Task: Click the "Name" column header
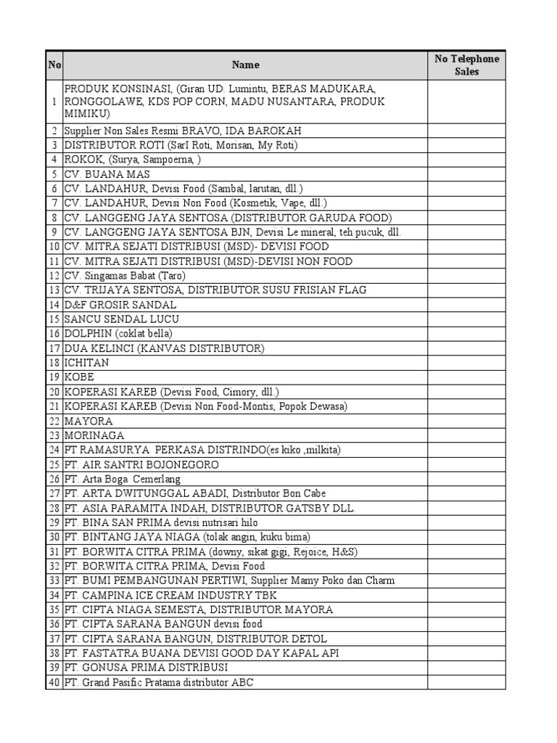click(x=245, y=65)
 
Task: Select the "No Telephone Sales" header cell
click(x=466, y=65)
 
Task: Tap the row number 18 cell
click(x=54, y=363)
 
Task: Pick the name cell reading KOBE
click(x=79, y=377)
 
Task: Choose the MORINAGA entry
click(x=94, y=435)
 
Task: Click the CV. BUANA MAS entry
click(x=107, y=174)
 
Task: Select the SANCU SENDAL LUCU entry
click(x=122, y=319)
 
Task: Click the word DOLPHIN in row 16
click(x=88, y=334)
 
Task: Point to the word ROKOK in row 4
click(x=83, y=160)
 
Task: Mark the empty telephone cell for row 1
click(x=466, y=102)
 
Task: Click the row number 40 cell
click(x=54, y=682)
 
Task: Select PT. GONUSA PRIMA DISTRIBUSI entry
click(x=147, y=668)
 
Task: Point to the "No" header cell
click(x=54, y=65)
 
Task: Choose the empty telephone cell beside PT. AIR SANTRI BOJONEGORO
click(x=466, y=464)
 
